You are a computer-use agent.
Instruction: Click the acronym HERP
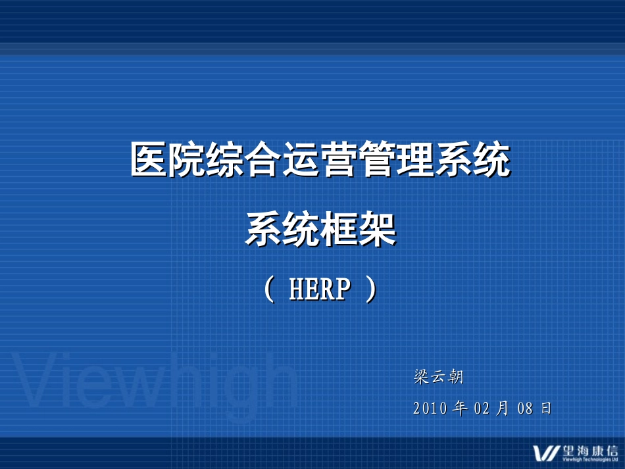tap(320, 289)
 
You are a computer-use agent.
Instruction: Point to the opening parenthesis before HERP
tap(268, 289)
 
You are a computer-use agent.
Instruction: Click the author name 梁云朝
tap(439, 377)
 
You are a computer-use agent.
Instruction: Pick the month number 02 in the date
tap(482, 408)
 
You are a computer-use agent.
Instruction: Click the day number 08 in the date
tap(524, 408)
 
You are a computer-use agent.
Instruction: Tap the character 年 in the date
tap(461, 408)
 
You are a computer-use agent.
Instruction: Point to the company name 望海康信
tap(590, 451)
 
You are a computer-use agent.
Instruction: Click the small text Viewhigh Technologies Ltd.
tap(590, 460)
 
